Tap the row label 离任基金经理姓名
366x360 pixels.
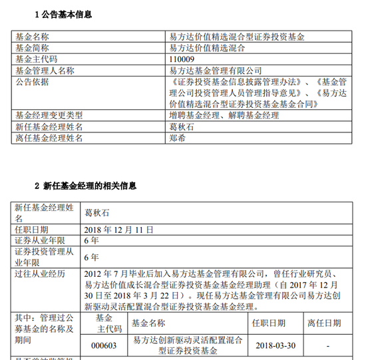49,138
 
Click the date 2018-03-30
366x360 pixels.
275,346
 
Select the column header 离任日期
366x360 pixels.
324,323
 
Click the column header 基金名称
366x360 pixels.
148,323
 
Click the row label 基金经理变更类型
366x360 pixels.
49,115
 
